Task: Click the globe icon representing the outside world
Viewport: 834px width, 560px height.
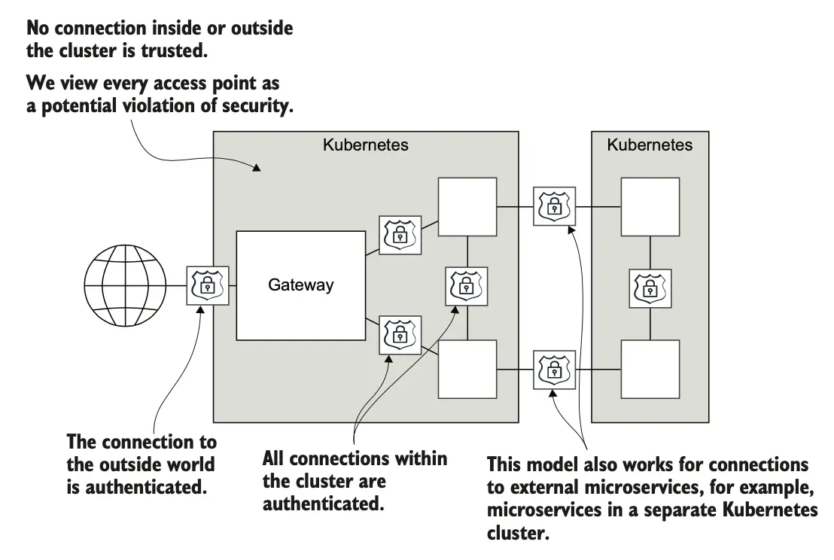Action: click(125, 286)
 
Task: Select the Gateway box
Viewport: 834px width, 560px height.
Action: click(300, 286)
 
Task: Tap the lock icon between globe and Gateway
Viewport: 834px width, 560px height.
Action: click(205, 286)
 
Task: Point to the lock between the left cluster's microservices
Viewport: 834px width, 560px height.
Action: click(466, 286)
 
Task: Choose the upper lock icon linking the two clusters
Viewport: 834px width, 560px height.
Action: click(554, 205)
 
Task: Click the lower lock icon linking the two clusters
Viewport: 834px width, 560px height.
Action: click(554, 369)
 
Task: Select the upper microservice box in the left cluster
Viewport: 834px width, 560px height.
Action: click(467, 206)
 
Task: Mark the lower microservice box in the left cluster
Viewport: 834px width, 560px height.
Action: click(467, 369)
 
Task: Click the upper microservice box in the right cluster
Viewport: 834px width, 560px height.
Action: click(650, 206)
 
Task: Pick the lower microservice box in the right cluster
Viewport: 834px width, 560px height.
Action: click(650, 369)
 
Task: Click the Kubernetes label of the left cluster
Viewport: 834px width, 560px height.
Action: click(365, 145)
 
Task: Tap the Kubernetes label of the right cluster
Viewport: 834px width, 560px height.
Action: click(650, 145)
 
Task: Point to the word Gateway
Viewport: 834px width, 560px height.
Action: click(300, 286)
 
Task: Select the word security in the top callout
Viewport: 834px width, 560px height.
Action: click(253, 106)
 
